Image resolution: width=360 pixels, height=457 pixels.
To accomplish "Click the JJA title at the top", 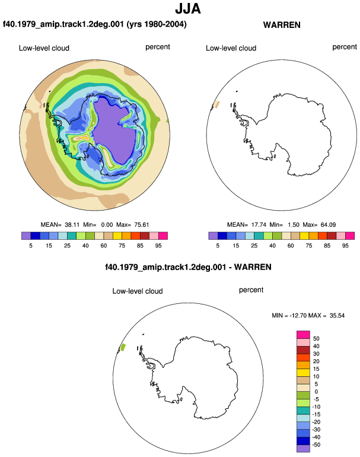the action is tap(188, 8).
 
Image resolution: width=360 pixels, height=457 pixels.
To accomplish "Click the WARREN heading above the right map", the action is tap(282, 25).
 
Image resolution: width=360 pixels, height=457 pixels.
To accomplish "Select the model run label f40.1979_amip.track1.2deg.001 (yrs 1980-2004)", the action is tap(95, 24).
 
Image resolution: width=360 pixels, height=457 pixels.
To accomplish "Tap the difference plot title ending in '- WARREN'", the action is tap(188, 267).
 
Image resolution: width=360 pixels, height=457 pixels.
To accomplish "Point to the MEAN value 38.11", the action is tap(72, 225).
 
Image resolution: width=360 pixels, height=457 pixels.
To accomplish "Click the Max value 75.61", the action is tap(142, 225).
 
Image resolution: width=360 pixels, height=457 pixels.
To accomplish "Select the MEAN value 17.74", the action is tap(259, 225).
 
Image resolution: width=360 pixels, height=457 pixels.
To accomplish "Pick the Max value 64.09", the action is tap(328, 225).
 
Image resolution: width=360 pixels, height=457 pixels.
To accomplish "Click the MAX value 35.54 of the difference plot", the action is tap(337, 315).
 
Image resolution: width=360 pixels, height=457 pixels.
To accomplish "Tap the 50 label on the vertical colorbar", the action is tap(316, 338).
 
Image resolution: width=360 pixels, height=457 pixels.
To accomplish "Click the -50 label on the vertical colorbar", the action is tap(316, 445).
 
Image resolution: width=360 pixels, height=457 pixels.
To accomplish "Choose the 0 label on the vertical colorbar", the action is tap(316, 392).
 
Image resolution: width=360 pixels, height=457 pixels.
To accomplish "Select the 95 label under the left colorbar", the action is tap(158, 245).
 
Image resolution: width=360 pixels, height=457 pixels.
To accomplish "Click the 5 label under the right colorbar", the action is tap(218, 245).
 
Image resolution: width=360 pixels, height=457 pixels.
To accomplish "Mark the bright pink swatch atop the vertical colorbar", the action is tap(303, 335).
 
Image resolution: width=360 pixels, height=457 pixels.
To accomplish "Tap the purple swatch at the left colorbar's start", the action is tap(26, 236).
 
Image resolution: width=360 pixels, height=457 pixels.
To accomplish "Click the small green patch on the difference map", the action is tap(123, 347).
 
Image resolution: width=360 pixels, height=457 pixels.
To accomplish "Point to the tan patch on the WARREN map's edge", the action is tap(216, 104).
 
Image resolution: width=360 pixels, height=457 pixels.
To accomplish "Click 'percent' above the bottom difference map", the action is tap(251, 290).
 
